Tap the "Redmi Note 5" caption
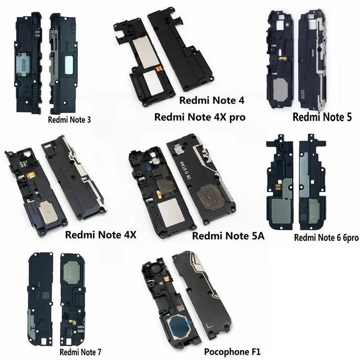click(322, 117)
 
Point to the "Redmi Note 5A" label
click(228, 236)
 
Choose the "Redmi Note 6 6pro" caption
click(326, 238)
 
